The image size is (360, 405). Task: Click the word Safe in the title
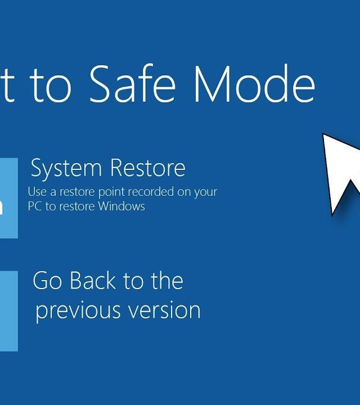[133, 83]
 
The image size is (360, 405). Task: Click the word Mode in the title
[254, 83]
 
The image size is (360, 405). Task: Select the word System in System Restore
[66, 168]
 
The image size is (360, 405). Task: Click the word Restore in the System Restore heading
[148, 168]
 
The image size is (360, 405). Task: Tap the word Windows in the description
[121, 206]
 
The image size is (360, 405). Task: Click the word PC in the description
[35, 206]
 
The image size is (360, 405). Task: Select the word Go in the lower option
[47, 281]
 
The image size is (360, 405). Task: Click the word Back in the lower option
[93, 281]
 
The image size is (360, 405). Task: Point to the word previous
[78, 310]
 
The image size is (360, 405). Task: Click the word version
[164, 310]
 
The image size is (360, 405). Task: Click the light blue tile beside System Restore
[9, 198]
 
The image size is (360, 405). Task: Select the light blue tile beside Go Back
[9, 311]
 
